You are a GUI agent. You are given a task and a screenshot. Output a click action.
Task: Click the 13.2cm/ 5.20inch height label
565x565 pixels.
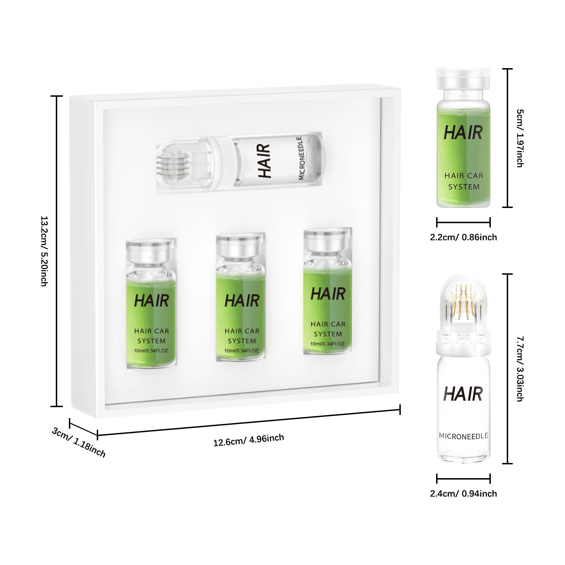pos(44,251)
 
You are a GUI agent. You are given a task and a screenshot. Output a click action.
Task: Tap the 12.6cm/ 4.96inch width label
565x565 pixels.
pos(248,440)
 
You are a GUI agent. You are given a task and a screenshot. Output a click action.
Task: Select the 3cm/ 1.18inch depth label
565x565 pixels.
pos(78,442)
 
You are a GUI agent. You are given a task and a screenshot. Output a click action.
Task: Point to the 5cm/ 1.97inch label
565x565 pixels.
pos(520,138)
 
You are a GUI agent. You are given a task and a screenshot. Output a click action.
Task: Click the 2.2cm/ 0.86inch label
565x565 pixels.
pos(463,237)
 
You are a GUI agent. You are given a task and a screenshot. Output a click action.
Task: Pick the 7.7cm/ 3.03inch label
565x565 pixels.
pos(520,369)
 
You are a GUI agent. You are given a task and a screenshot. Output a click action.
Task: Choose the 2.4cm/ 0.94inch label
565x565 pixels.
pos(463,494)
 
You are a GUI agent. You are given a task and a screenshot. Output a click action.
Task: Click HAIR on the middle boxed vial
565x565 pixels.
pos(242,301)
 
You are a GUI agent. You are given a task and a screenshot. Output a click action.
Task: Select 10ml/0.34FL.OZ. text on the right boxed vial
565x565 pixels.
pos(328,344)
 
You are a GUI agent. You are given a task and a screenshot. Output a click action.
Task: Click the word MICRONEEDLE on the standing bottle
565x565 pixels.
pos(463,436)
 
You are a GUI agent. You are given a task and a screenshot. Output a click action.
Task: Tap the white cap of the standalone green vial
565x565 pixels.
pos(463,78)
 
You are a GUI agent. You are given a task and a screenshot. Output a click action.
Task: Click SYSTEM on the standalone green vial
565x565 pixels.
pos(464,187)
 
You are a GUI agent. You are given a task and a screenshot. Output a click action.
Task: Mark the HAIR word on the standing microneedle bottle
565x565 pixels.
pos(463,394)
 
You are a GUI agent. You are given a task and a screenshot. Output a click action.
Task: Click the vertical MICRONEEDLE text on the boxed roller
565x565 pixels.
pos(300,158)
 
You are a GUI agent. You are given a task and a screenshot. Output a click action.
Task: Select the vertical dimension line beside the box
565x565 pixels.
pos(56,251)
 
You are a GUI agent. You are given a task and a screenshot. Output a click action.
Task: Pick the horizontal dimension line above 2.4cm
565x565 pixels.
pos(463,479)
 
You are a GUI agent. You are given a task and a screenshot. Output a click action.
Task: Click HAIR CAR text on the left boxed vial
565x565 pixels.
pos(151,331)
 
